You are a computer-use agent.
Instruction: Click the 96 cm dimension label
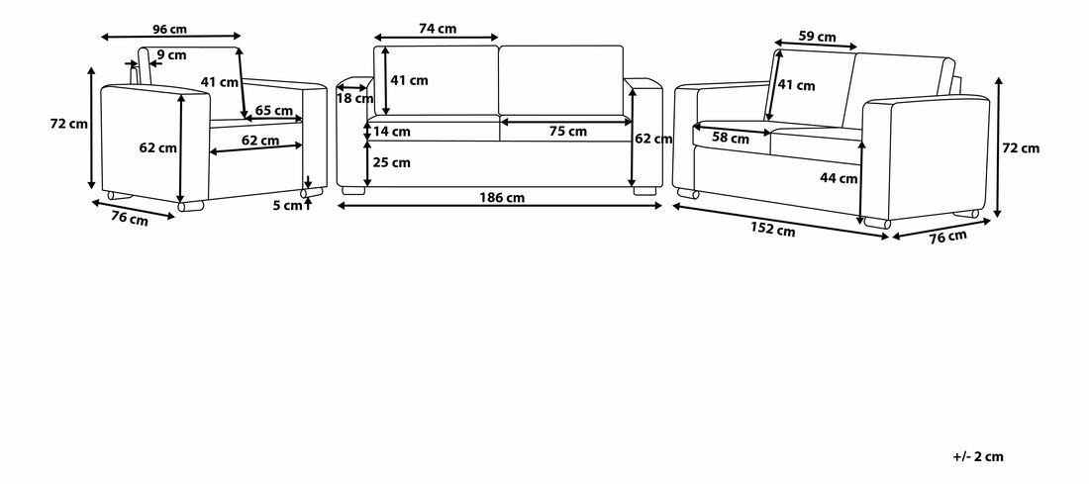[169, 29]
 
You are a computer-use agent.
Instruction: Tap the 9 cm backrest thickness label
[171, 54]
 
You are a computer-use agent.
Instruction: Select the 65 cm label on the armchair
[273, 111]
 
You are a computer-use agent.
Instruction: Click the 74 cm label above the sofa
[438, 29]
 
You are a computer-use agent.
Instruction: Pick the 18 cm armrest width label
[354, 99]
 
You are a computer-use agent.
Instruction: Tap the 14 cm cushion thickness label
[392, 132]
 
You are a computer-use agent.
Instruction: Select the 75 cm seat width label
[568, 132]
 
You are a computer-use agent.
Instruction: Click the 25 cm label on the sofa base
[392, 163]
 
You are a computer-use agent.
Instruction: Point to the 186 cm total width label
[502, 197]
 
